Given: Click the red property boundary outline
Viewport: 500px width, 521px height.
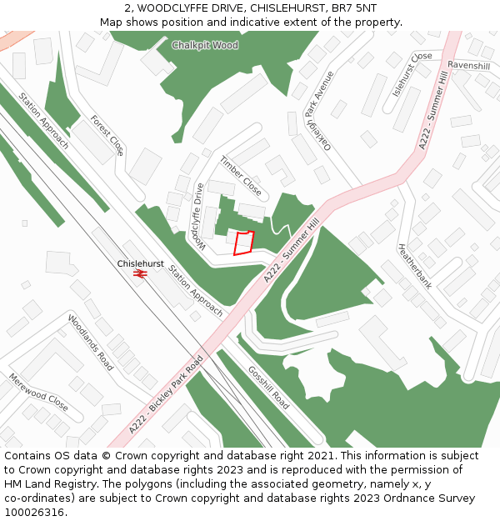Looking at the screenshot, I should (243, 243).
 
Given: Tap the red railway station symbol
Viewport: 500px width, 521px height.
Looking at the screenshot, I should (139, 273).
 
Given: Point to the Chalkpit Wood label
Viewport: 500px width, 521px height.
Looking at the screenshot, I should (205, 45).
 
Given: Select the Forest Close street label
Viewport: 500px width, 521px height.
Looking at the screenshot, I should (107, 135).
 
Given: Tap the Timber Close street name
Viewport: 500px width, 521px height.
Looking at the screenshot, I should (241, 176).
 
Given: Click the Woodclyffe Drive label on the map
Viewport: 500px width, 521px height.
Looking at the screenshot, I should (197, 215).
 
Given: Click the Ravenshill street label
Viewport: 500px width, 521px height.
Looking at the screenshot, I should (468, 65).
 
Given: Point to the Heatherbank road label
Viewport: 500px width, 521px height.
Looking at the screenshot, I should (414, 265).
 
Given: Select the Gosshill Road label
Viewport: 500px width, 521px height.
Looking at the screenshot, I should (269, 387).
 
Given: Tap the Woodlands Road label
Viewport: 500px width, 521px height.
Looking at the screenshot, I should (91, 343).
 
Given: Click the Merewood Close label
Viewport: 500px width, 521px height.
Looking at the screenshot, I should (38, 391).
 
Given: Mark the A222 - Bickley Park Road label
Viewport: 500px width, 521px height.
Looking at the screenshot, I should (167, 397).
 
